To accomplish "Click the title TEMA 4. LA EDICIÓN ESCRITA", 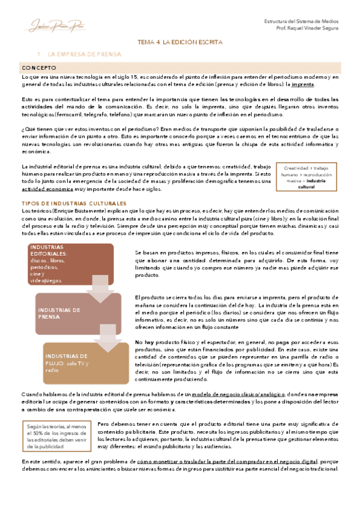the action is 180,43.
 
